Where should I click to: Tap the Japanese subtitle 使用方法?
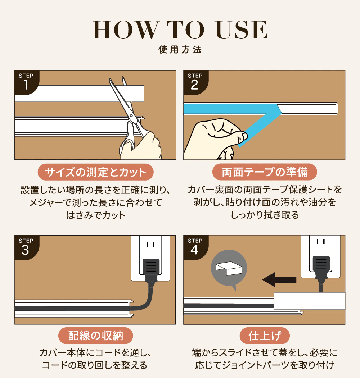pyautogui.click(x=180, y=50)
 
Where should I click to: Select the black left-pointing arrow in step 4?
pyautogui.click(x=279, y=280)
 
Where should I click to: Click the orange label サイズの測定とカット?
pyautogui.click(x=95, y=172)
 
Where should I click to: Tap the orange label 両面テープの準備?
pyautogui.click(x=265, y=172)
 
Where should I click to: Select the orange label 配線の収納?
pyautogui.click(x=95, y=336)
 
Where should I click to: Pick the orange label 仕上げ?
pyautogui.click(x=265, y=336)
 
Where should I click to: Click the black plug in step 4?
pyautogui.click(x=321, y=268)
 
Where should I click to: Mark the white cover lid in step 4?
pyautogui.click(x=310, y=301)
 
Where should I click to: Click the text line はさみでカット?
pyautogui.click(x=96, y=215)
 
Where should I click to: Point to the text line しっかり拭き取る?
pyautogui.click(x=265, y=215)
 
